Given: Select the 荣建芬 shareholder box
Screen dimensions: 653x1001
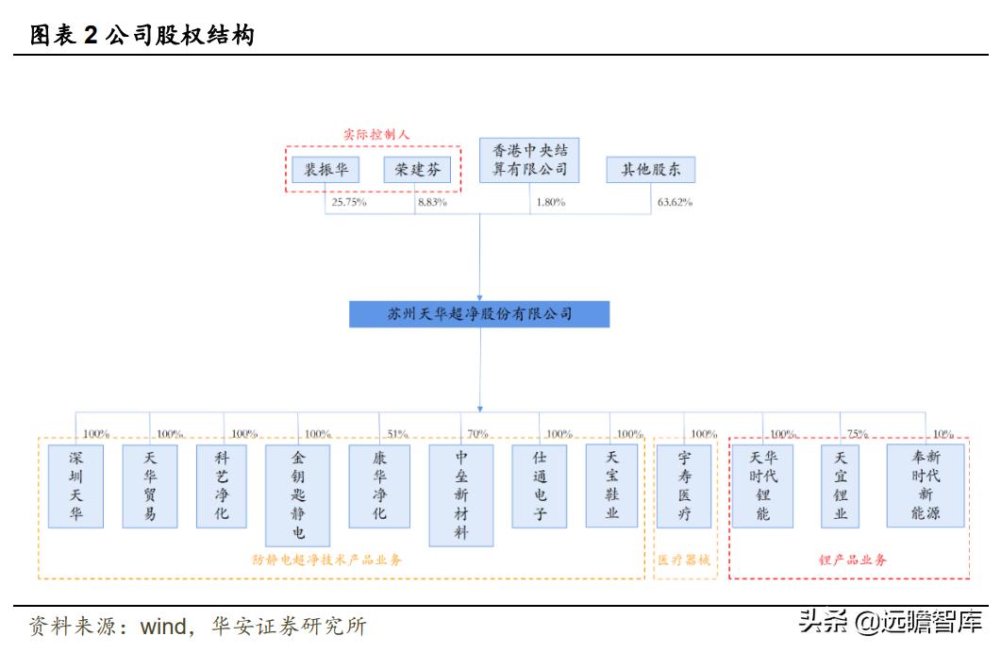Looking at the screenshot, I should tap(416, 171).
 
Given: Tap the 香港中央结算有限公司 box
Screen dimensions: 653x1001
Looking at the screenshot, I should tap(529, 160).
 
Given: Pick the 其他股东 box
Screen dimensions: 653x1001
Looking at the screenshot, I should tap(651, 170).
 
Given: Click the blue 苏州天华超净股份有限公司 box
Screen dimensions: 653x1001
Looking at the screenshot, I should tap(479, 314).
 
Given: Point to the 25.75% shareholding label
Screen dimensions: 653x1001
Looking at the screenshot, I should tap(348, 202).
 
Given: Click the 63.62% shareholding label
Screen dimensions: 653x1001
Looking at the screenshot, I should tap(674, 202).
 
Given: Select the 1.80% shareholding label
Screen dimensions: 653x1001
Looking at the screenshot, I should tap(551, 202).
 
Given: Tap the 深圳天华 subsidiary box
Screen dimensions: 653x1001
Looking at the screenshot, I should tap(76, 486).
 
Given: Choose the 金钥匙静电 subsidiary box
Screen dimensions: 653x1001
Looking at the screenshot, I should tap(298, 494).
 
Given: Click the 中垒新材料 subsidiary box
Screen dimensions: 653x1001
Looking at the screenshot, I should tap(460, 494).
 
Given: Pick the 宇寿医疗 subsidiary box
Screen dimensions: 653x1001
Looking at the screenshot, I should tap(684, 486).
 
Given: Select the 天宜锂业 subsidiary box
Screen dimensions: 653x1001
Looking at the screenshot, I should tap(840, 486).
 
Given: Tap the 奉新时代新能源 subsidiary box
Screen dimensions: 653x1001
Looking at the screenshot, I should tap(925, 486).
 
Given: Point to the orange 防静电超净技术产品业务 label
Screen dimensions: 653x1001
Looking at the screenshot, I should tap(327, 561).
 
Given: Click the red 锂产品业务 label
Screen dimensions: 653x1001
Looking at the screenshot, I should tap(852, 561).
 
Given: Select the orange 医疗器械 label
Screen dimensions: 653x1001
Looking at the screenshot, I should tap(683, 561).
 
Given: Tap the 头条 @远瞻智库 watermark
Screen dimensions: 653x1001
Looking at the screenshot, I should tap(890, 622).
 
